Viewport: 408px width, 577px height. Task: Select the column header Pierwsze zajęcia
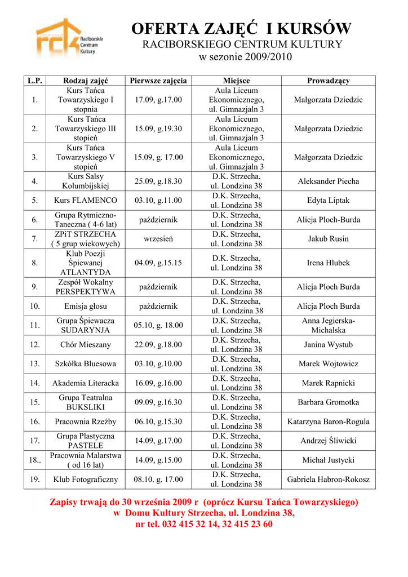click(x=158, y=81)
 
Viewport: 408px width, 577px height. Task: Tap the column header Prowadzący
click(x=328, y=81)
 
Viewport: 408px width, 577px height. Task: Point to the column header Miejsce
click(x=236, y=81)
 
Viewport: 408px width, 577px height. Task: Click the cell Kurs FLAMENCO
click(x=86, y=200)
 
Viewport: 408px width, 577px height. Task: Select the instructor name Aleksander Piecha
click(x=328, y=181)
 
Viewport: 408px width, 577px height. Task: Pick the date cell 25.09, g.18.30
click(x=158, y=181)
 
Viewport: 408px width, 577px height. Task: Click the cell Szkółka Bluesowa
click(x=86, y=363)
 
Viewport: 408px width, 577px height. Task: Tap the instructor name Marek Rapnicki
click(x=328, y=383)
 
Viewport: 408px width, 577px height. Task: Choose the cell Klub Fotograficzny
click(x=86, y=480)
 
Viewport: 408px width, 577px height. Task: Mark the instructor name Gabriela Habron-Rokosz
click(x=328, y=480)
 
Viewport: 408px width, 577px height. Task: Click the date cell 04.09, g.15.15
click(x=158, y=263)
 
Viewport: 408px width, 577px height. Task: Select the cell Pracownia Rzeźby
click(x=86, y=421)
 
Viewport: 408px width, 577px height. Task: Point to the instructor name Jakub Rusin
click(x=328, y=239)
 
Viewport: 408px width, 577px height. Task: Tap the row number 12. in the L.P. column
click(x=35, y=344)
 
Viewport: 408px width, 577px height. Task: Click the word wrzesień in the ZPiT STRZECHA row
click(x=158, y=239)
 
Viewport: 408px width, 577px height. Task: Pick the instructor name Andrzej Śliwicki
click(x=328, y=441)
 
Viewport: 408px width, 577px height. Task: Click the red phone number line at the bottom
click(x=204, y=524)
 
